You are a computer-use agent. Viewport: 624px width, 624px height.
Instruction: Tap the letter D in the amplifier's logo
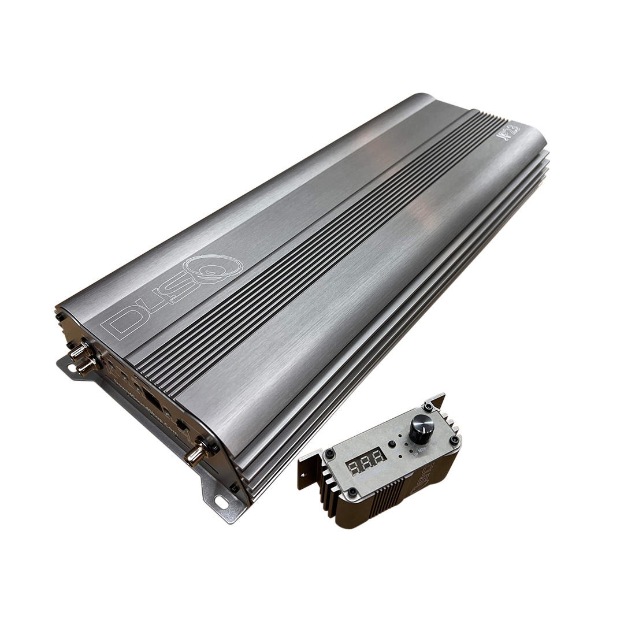pyautogui.click(x=122, y=321)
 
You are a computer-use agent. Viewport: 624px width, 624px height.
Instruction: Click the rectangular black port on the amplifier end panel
pyautogui.click(x=151, y=398)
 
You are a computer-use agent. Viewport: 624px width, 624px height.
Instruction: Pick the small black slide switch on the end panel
pyautogui.click(x=181, y=425)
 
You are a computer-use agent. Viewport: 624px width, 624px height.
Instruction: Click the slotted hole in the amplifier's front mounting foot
pyautogui.click(x=221, y=502)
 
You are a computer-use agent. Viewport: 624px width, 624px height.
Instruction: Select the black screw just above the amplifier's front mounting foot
pyautogui.click(x=234, y=488)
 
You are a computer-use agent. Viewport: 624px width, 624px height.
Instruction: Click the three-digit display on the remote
pyautogui.click(x=366, y=460)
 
